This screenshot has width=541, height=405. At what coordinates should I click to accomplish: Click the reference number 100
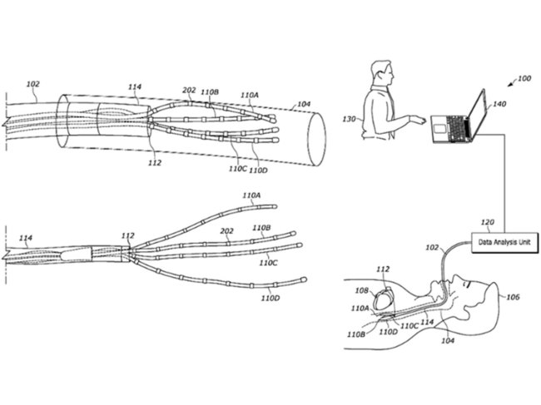(x=523, y=78)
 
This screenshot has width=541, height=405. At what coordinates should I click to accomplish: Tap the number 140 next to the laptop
(x=499, y=105)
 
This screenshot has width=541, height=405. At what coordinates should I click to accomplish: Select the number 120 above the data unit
(x=488, y=223)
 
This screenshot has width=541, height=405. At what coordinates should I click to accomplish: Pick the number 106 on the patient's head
(x=513, y=296)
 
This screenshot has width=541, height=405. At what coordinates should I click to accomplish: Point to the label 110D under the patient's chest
(x=387, y=332)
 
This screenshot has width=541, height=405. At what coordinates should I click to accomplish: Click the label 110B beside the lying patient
(x=357, y=334)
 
